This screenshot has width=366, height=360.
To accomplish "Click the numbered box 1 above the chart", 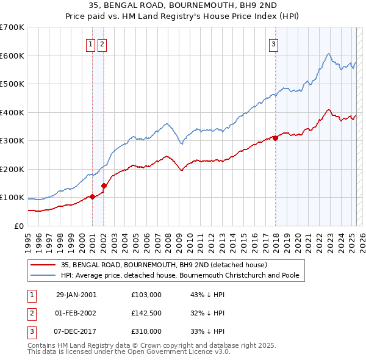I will (90, 43).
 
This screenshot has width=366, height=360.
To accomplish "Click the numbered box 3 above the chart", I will (273, 43).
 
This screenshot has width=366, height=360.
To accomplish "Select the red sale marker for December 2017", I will (275, 138).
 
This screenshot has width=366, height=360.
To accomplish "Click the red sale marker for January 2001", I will (92, 196).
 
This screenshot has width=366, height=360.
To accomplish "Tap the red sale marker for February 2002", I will (104, 185).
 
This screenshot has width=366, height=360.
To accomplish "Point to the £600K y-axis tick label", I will (12, 56).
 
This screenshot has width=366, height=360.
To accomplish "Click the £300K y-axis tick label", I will (12, 140).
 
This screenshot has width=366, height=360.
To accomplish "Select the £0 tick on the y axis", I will (18, 226).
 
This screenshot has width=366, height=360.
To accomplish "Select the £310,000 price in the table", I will (146, 331).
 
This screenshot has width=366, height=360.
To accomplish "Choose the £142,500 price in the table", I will (146, 313).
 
